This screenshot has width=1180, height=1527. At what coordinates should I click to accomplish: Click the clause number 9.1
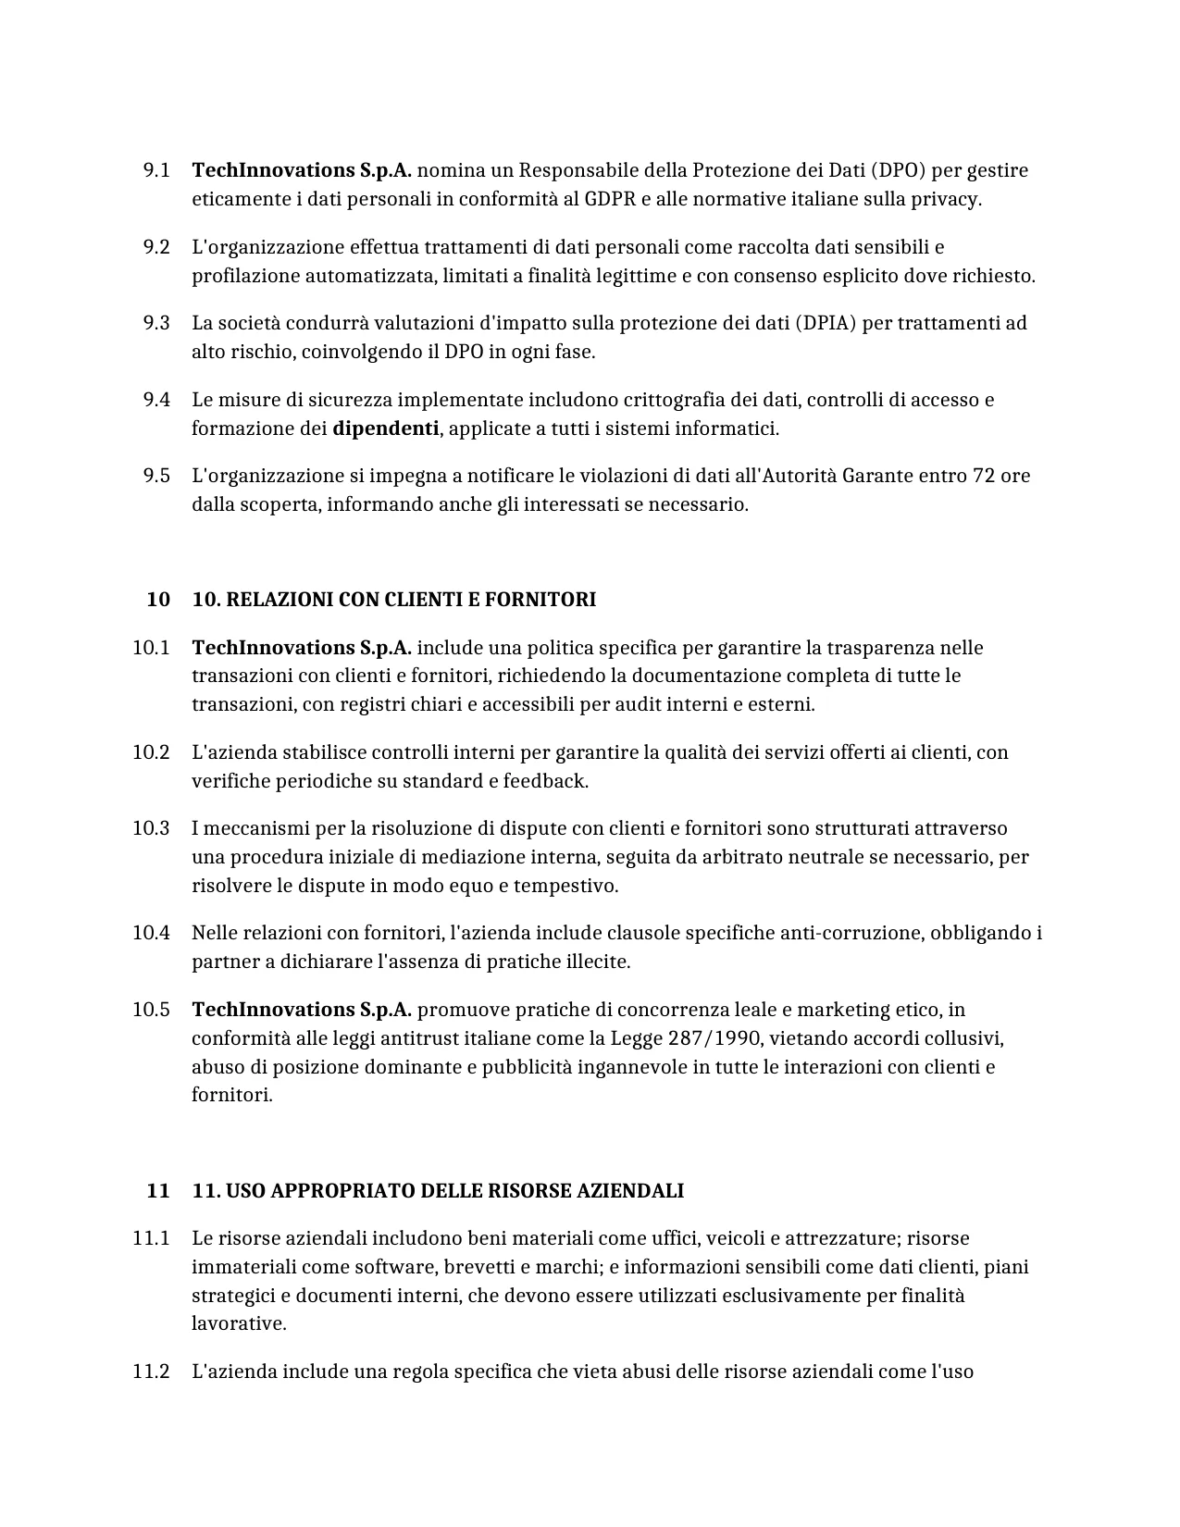[x=156, y=170]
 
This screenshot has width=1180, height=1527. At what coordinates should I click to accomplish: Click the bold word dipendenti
[x=385, y=428]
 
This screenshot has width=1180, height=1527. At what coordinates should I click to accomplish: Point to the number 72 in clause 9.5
[x=983, y=476]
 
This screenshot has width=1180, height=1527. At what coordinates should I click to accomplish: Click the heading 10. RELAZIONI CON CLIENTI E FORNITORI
[x=393, y=600]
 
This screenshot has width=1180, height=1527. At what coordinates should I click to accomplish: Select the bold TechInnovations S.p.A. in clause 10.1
[x=301, y=648]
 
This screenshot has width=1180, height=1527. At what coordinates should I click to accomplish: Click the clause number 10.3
[x=151, y=828]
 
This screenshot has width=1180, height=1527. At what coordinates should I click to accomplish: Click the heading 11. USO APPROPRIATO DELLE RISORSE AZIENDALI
[x=437, y=1191]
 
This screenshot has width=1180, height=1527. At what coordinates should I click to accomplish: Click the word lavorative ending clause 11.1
[x=238, y=1323]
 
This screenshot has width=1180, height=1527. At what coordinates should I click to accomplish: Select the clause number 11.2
[x=151, y=1372]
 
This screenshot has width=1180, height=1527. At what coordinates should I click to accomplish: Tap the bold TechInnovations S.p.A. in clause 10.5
[x=301, y=1010]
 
